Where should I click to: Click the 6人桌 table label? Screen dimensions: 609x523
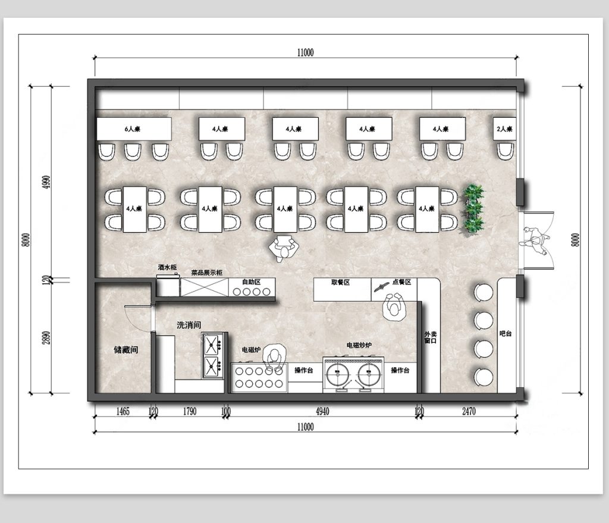(133, 129)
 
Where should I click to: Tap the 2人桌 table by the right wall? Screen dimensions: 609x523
(504, 129)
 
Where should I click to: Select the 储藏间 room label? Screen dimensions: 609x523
(126, 350)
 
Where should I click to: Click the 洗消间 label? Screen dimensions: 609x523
(189, 325)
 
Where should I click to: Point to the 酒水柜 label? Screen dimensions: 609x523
(167, 267)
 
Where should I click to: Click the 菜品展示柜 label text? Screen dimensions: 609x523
(206, 273)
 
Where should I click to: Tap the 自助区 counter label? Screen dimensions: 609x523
(252, 281)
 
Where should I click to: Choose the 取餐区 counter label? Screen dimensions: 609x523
(341, 282)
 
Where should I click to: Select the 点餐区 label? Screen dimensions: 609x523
(401, 282)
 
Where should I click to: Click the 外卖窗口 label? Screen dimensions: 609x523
(431, 337)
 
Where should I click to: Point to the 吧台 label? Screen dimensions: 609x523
(506, 333)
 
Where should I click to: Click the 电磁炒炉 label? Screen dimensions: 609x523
(359, 345)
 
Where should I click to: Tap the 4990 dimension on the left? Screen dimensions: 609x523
(46, 182)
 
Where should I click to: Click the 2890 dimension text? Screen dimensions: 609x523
(46, 337)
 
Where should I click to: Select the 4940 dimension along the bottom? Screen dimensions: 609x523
(322, 411)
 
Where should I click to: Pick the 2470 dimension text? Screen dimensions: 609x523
(469, 411)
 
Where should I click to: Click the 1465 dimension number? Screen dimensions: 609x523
(123, 411)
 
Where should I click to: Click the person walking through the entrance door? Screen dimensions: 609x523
(535, 240)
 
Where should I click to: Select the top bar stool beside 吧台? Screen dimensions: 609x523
(484, 292)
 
